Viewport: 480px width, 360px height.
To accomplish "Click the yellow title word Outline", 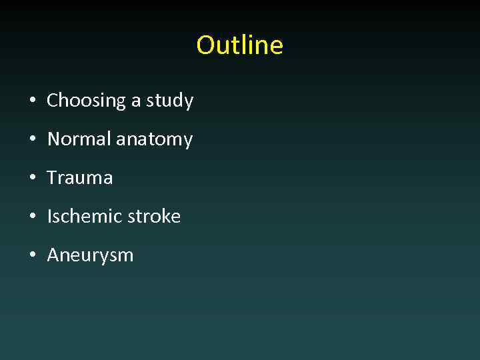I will [239, 45].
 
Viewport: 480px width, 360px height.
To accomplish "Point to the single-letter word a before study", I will [136, 101].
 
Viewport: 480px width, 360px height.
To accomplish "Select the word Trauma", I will [80, 178].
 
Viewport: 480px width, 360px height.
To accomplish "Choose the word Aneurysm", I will [90, 255].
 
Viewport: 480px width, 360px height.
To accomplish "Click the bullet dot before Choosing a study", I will [32, 101].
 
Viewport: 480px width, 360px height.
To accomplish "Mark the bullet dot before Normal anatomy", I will [32, 140].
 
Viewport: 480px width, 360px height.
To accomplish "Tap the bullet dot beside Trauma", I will [32, 179].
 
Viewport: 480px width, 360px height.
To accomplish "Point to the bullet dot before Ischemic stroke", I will [32, 217].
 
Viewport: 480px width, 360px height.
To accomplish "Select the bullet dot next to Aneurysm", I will [32, 256].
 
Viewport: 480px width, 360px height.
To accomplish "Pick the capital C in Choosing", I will [53, 101].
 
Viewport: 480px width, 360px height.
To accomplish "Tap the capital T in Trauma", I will [52, 178].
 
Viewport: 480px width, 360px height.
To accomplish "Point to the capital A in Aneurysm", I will [53, 255].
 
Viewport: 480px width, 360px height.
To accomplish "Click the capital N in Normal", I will [53, 139].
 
